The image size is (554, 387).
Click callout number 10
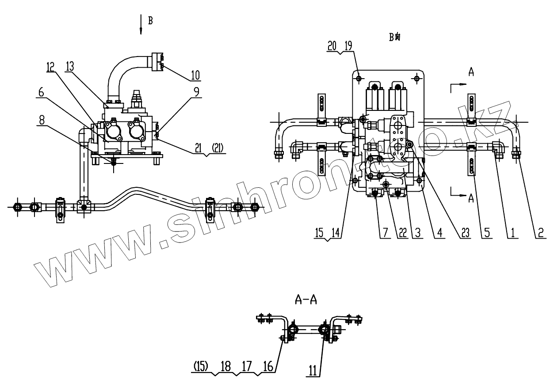click(x=195, y=75)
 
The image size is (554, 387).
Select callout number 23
click(x=464, y=233)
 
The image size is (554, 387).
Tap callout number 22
click(x=401, y=233)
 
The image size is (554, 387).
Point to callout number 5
click(x=486, y=233)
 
